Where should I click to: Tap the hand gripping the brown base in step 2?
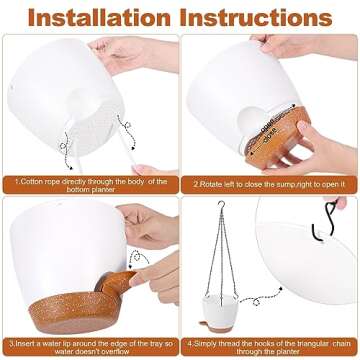click(x=310, y=140)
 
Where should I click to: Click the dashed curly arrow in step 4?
click(x=330, y=270)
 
